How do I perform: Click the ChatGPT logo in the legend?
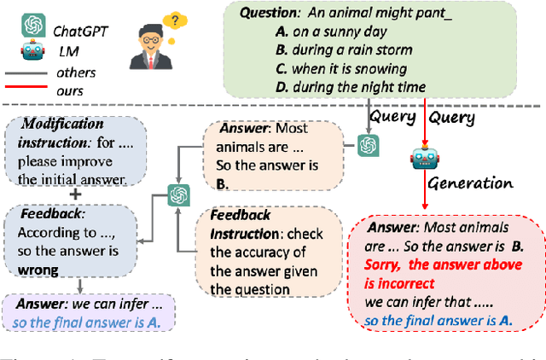click(33, 26)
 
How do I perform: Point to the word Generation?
click(470, 183)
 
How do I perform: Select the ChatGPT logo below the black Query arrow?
click(369, 146)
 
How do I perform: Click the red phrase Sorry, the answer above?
click(433, 265)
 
